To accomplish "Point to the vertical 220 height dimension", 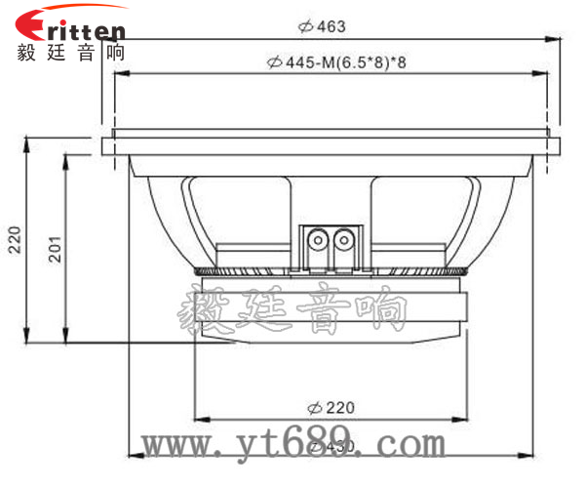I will (x=14, y=239).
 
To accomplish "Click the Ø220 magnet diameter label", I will (x=331, y=407).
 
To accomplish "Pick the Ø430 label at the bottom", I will (x=331, y=446).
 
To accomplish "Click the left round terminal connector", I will (x=318, y=237).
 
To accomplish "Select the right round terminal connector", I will (x=342, y=237).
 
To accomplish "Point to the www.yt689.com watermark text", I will (x=292, y=444).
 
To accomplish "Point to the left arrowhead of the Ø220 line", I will (x=200, y=420).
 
